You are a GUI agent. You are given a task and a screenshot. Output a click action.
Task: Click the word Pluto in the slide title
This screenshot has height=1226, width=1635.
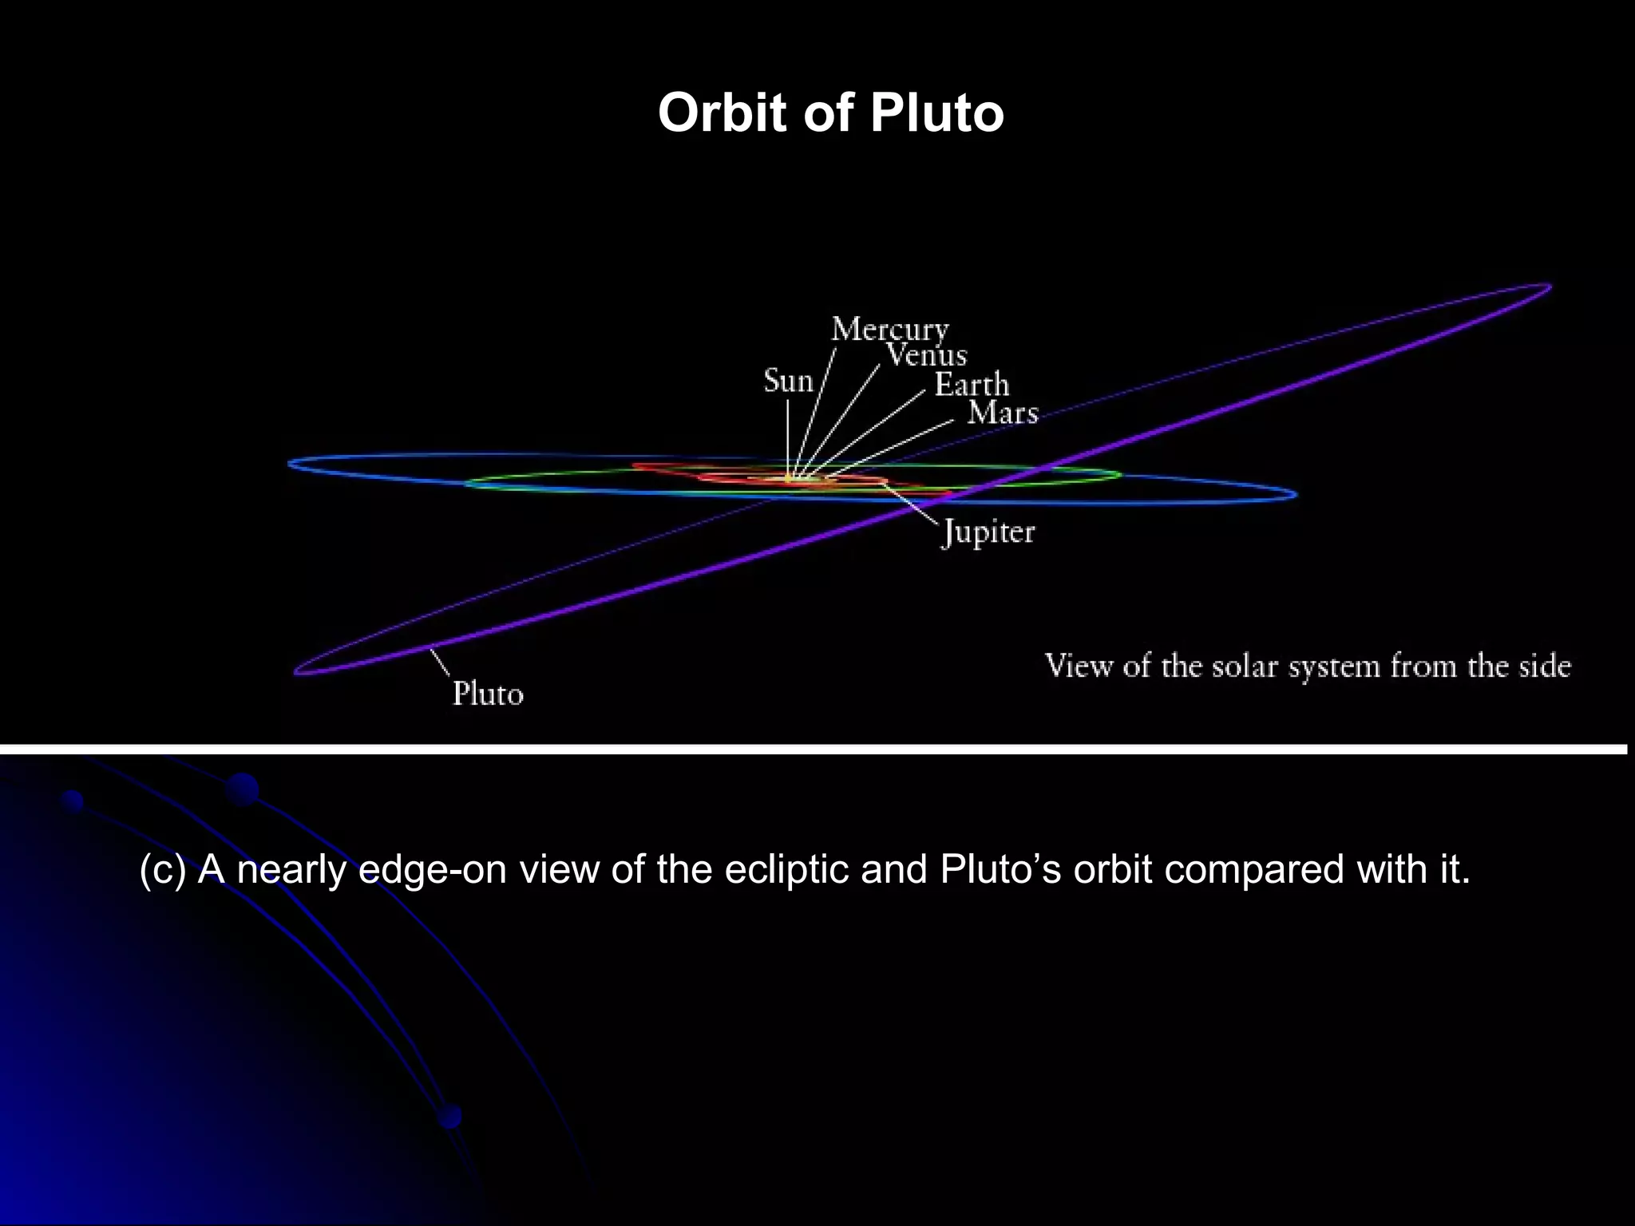(936, 113)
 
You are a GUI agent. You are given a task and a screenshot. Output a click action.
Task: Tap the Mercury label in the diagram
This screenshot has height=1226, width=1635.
(890, 329)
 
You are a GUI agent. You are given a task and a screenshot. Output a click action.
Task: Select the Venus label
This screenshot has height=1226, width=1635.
(926, 355)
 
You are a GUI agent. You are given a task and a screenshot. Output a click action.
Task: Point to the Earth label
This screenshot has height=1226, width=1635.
(972, 385)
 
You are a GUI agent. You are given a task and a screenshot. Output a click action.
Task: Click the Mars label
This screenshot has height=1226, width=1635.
(1003, 413)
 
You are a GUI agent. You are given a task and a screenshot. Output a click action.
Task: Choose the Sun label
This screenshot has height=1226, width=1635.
(788, 381)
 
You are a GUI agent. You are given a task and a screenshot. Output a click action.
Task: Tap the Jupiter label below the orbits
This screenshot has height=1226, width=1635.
(988, 532)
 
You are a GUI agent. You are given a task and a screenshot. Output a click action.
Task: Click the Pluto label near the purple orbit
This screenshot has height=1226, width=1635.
(488, 694)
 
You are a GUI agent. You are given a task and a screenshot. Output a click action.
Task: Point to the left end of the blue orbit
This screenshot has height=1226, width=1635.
(291, 463)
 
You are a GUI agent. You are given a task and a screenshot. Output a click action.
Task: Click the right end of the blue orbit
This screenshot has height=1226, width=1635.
(1295, 495)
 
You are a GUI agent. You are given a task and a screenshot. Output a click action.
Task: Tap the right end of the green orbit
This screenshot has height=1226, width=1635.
(1119, 474)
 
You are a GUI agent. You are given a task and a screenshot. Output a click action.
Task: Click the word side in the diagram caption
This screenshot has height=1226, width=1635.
(1544, 666)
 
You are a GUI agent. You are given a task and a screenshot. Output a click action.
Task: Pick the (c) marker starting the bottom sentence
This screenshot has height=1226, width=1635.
(162, 869)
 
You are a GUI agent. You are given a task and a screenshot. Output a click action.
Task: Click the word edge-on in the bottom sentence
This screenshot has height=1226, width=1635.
(433, 869)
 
